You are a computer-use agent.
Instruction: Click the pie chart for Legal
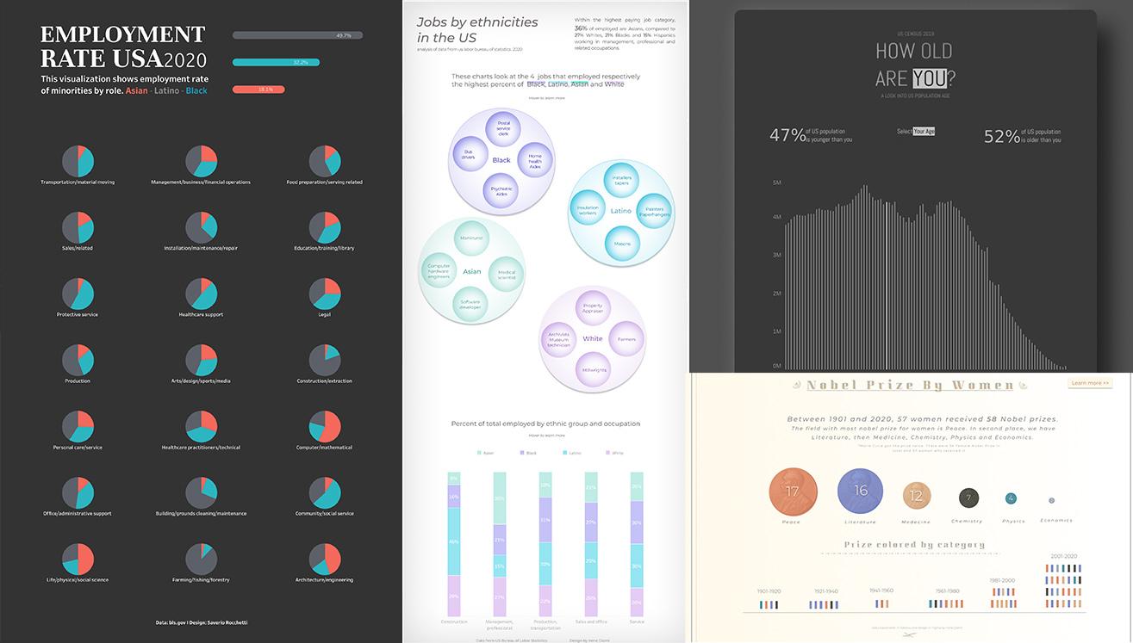click(325, 294)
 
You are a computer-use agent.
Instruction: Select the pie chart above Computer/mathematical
click(325, 426)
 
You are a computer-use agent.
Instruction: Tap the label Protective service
click(78, 314)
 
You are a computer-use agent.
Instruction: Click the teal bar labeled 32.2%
click(276, 62)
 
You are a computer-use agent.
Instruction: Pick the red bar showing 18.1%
click(258, 90)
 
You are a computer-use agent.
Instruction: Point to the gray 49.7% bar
click(297, 35)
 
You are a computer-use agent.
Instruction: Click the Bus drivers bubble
click(469, 154)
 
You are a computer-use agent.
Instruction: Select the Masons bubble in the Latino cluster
click(622, 244)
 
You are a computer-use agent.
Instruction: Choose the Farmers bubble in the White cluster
click(626, 339)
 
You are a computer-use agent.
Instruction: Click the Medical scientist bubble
click(506, 275)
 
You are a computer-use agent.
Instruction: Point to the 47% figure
click(787, 135)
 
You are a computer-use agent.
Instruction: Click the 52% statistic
click(1001, 135)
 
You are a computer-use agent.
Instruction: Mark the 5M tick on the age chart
click(776, 182)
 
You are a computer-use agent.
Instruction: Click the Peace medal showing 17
click(792, 492)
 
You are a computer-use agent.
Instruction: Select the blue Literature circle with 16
click(860, 491)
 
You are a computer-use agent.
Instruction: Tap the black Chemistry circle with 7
click(968, 498)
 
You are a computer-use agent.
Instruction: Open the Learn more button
click(1090, 383)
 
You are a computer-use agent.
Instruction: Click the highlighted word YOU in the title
click(929, 78)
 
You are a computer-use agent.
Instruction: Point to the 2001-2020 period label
click(1063, 556)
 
